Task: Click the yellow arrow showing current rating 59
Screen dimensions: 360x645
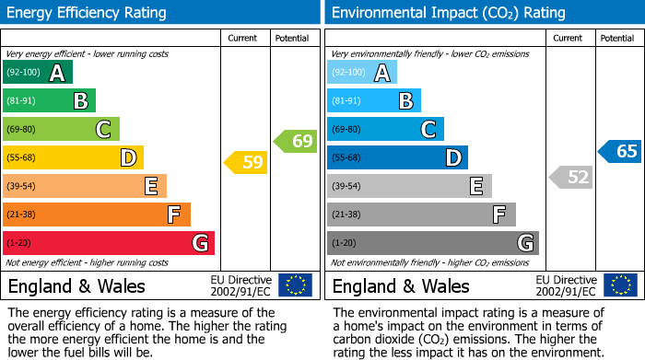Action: pos(246,163)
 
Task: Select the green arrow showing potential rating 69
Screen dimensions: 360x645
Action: pos(296,141)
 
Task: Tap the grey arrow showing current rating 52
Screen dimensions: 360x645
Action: pos(570,177)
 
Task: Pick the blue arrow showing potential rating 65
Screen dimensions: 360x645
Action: pos(619,152)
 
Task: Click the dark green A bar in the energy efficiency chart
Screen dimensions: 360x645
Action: pos(37,73)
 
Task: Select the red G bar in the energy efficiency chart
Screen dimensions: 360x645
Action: pos(108,243)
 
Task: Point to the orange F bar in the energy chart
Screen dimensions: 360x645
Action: pos(96,215)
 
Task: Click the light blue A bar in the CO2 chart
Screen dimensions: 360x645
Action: pos(361,73)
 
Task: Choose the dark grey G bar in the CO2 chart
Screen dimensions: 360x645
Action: pos(432,243)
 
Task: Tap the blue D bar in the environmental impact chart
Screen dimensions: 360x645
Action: pos(397,157)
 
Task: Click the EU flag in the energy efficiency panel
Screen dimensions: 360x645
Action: pos(295,285)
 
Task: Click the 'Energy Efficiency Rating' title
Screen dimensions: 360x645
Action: pos(88,13)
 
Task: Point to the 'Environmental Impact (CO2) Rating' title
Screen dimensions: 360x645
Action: pos(448,13)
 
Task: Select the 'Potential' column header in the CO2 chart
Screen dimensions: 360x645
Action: pos(616,38)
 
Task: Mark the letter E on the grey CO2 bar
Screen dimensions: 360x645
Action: pos(475,187)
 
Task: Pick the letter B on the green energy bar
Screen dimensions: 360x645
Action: pos(80,101)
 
